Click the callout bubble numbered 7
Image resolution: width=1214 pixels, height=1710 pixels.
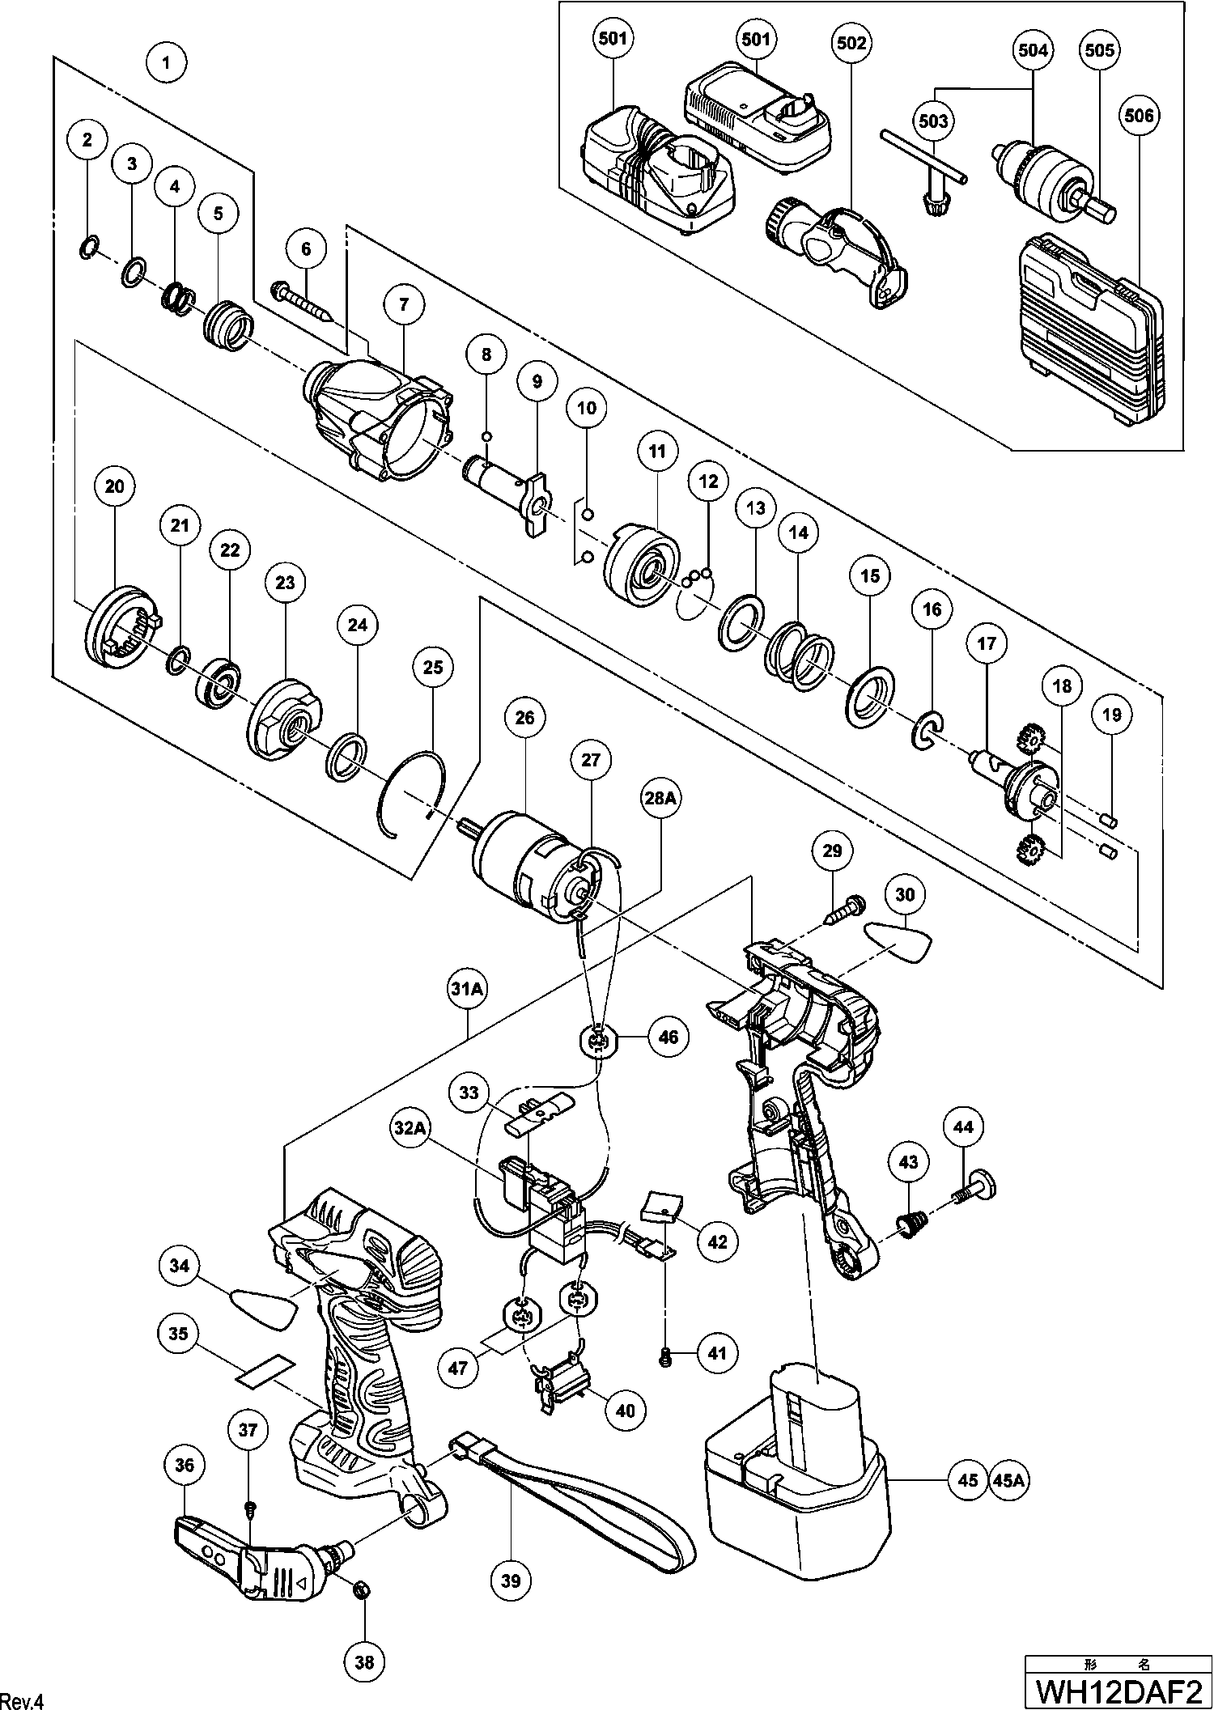[x=404, y=304]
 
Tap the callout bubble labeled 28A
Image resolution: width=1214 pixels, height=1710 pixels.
[x=660, y=799]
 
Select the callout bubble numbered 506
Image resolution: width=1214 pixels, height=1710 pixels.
[x=1138, y=116]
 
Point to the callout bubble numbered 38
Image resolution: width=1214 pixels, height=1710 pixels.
[x=364, y=1662]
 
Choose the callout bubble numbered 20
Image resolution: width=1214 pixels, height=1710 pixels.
[x=114, y=486]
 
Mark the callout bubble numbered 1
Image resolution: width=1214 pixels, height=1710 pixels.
[x=166, y=62]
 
